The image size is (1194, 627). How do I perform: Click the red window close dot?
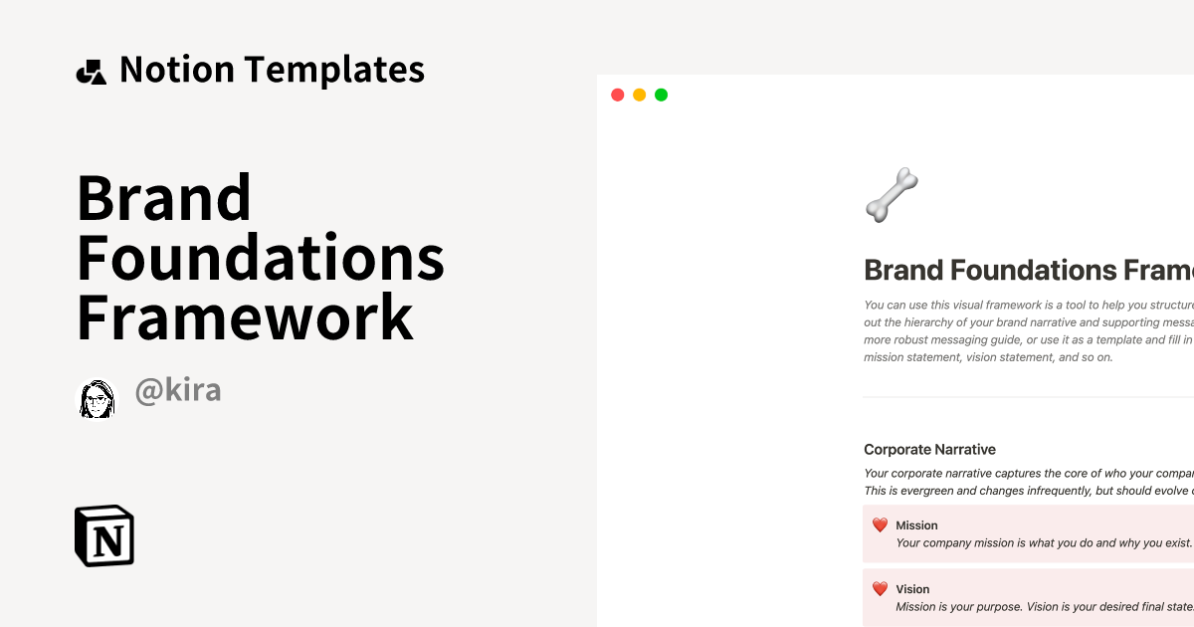pyautogui.click(x=617, y=96)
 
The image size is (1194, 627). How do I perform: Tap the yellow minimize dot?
pyautogui.click(x=639, y=96)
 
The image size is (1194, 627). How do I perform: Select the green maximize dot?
pyautogui.click(x=661, y=96)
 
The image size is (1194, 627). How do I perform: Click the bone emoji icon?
pyautogui.click(x=892, y=194)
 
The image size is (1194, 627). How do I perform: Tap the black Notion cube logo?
pyautogui.click(x=104, y=536)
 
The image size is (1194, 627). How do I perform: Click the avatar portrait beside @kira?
pyautogui.click(x=98, y=398)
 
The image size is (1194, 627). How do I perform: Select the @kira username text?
pyautogui.click(x=178, y=391)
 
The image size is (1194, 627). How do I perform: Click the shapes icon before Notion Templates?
pyautogui.click(x=92, y=72)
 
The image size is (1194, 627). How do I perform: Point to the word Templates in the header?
pyautogui.click(x=334, y=70)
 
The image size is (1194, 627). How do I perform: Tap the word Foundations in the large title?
pyautogui.click(x=261, y=258)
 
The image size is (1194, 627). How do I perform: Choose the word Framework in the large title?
pyautogui.click(x=245, y=317)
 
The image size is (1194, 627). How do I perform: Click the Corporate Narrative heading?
pyautogui.click(x=929, y=450)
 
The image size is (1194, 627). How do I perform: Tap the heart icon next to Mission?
pyautogui.click(x=880, y=525)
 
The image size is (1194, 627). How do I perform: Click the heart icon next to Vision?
pyautogui.click(x=880, y=589)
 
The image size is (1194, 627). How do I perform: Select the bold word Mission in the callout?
pyautogui.click(x=916, y=525)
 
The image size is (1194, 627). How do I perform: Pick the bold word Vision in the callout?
pyautogui.click(x=912, y=589)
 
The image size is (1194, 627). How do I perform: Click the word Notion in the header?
pyautogui.click(x=177, y=70)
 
